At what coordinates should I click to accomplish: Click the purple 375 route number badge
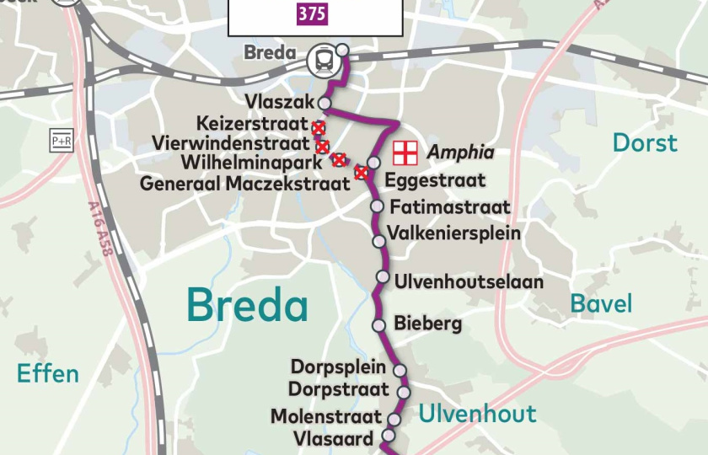coord(312,14)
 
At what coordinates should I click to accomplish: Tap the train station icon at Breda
coord(322,59)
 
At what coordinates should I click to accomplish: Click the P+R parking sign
coord(62,142)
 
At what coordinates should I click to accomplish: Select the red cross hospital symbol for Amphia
coord(405,153)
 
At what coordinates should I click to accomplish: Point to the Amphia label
coord(460,153)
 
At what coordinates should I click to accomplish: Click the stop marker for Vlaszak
coord(324,103)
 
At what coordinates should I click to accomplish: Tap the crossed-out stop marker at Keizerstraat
coord(319,128)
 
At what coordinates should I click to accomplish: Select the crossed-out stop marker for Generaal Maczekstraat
coord(362,173)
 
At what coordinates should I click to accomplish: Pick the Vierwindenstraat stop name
coord(231,144)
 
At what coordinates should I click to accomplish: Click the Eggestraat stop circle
coord(374,163)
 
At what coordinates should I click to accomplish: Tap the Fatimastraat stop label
coord(450,207)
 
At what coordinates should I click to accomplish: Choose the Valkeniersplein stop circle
coord(379,242)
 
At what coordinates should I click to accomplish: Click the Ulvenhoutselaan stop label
coord(469,281)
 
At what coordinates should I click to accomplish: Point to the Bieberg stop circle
coord(379,325)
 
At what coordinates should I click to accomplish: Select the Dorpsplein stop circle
coord(400,370)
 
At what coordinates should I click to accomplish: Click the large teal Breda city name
coord(247,305)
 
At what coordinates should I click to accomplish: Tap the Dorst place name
coord(645,143)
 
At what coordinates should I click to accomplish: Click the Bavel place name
coord(601,303)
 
